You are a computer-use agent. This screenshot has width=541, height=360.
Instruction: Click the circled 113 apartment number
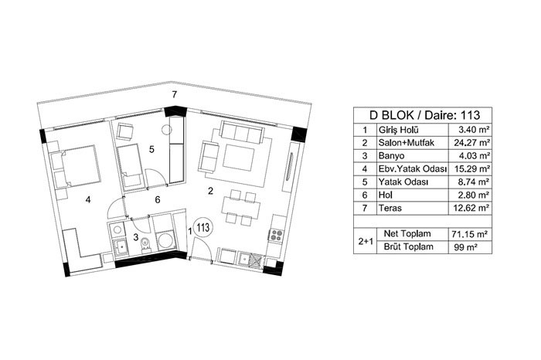coord(203,228)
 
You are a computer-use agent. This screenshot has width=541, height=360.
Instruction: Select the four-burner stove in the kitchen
coord(277,235)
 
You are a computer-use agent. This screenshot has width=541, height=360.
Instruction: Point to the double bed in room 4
coord(77,166)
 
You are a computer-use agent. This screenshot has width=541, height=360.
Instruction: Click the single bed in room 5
coord(130,168)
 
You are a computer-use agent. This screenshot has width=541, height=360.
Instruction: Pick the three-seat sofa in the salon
coord(241,131)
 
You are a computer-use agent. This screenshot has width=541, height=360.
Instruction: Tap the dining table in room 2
coord(241,209)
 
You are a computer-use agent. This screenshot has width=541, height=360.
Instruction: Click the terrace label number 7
coord(175,94)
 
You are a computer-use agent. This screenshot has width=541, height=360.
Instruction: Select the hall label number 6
coord(158,199)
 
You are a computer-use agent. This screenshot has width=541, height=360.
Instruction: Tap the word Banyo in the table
coord(391,156)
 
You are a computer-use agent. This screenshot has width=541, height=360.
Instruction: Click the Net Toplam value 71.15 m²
coord(470,235)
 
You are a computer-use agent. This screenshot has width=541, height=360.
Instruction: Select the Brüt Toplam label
coord(408,247)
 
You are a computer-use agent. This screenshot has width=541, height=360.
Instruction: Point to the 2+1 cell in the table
coord(365,241)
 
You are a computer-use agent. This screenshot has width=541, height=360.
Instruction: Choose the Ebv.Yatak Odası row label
coord(413,169)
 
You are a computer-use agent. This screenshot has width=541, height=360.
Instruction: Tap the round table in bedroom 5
coord(167,130)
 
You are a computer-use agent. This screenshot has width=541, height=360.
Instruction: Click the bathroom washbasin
coord(121,247)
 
